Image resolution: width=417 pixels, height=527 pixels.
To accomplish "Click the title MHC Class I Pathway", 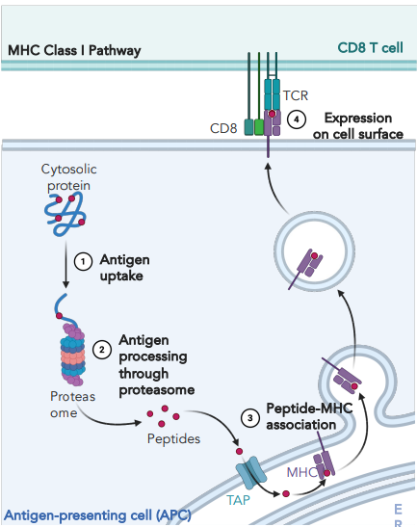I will tap(73, 49).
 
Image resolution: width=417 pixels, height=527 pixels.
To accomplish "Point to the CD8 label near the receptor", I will tap(224, 126).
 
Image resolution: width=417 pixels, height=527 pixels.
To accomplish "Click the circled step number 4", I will tap(298, 120).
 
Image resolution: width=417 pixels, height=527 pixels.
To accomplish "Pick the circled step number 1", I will tap(83, 260).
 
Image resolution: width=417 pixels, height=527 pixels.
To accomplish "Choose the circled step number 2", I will tap(102, 348).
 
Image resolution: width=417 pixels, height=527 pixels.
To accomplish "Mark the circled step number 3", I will tap(249, 416).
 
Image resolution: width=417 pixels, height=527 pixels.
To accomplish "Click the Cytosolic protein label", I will tap(70, 176).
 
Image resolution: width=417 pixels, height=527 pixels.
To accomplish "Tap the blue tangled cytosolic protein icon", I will tap(68, 210).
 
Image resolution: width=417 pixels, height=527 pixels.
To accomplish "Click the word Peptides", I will tap(173, 438).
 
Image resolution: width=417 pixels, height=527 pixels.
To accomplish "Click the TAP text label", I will tap(240, 503).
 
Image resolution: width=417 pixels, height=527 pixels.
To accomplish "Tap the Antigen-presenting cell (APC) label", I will tap(96, 515).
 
